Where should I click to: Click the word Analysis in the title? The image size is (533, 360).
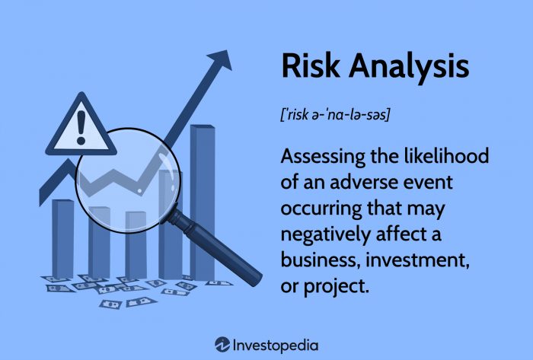click(x=407, y=67)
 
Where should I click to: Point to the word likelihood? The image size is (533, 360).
click(x=444, y=157)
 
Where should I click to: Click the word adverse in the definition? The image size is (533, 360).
click(x=357, y=183)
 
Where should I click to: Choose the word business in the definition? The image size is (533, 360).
click(x=318, y=260)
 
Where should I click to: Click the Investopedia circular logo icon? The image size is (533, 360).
click(x=222, y=343)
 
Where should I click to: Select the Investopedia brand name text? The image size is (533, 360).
click(x=276, y=343)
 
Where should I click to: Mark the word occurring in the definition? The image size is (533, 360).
click(x=323, y=209)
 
